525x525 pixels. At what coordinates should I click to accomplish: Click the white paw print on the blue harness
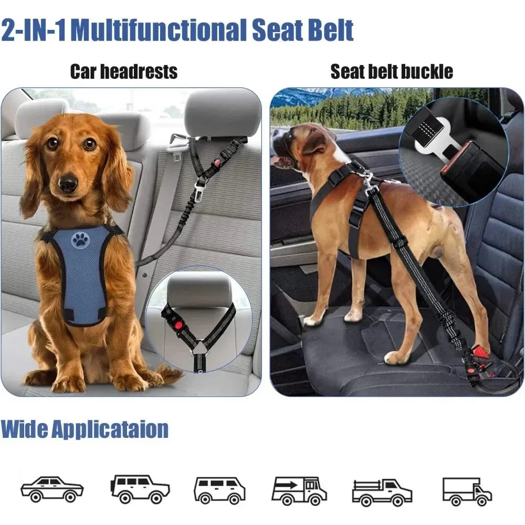coord(80,240)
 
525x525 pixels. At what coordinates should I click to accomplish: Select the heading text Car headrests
coord(124,71)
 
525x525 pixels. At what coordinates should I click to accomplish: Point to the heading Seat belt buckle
coord(392,71)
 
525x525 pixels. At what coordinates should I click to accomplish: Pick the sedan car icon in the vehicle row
coord(52,489)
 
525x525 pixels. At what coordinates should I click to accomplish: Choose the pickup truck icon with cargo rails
coord(382,490)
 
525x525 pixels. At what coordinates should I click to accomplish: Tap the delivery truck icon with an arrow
coord(299,490)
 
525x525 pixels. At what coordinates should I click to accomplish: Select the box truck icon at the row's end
coord(467,490)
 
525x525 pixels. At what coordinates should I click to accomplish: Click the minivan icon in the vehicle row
coord(219,490)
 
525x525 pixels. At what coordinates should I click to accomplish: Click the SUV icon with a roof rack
coord(140,489)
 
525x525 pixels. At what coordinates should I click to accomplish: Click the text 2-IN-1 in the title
coord(35,30)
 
